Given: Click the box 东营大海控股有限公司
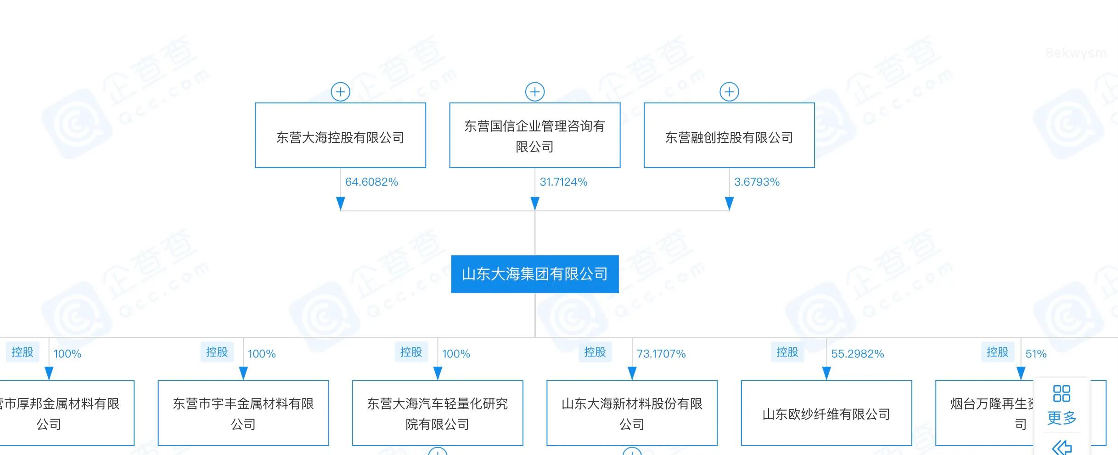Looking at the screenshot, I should point(340,136).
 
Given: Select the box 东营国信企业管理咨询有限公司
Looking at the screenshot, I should point(534,136).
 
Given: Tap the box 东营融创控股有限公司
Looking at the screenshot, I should point(729,136).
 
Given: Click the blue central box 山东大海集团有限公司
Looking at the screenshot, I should point(534,274).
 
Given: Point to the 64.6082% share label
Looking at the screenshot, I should point(371,182).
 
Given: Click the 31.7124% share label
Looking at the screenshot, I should point(563,182).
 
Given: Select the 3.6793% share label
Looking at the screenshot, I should point(757,182).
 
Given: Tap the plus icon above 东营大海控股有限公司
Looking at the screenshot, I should point(340,92).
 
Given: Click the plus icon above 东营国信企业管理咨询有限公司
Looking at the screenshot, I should point(534,92).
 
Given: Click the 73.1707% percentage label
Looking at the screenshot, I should point(661,354).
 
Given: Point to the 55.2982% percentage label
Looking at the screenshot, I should point(857,354).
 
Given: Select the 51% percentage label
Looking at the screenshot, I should point(1036,354).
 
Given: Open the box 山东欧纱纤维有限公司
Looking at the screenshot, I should point(826,414).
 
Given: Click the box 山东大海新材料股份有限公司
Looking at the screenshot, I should point(632,414).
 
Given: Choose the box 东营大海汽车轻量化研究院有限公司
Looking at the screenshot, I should point(437,414).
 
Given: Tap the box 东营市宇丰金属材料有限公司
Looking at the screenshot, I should point(243,414).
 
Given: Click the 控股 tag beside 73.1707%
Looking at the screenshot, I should point(595,352).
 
